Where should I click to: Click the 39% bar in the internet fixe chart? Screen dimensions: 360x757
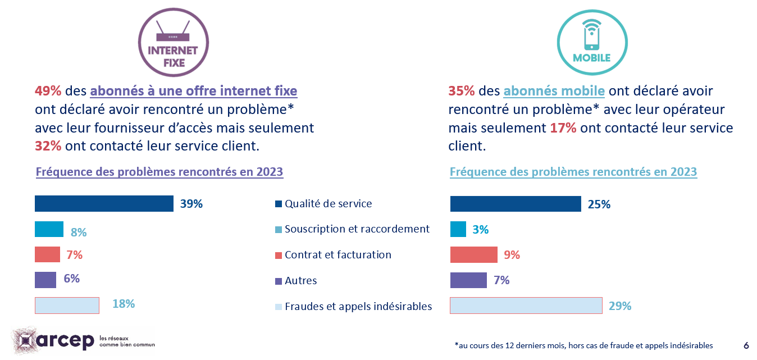104,204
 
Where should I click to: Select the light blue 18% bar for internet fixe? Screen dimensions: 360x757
67,305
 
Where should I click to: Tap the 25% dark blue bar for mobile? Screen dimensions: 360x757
515,204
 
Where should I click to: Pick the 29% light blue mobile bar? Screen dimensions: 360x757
526,306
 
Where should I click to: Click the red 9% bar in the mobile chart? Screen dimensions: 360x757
473,255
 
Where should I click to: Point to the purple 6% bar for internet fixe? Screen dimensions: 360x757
45,280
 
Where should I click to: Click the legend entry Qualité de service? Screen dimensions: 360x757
328,204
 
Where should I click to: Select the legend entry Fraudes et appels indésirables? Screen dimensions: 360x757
358,307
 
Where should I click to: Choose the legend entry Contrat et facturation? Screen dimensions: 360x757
338,255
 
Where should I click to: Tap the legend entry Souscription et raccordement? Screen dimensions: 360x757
357,229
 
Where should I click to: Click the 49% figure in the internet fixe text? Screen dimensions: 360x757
48,91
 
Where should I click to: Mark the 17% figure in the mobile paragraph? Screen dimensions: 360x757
563,128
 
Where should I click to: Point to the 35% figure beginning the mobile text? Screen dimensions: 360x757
462,91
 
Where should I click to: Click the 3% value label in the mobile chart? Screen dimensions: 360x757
481,230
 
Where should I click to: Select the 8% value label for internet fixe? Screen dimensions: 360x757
79,233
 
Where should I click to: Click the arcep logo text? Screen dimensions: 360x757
66,340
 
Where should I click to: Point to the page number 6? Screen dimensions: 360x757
746,345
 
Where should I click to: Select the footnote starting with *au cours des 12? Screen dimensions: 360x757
583,345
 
